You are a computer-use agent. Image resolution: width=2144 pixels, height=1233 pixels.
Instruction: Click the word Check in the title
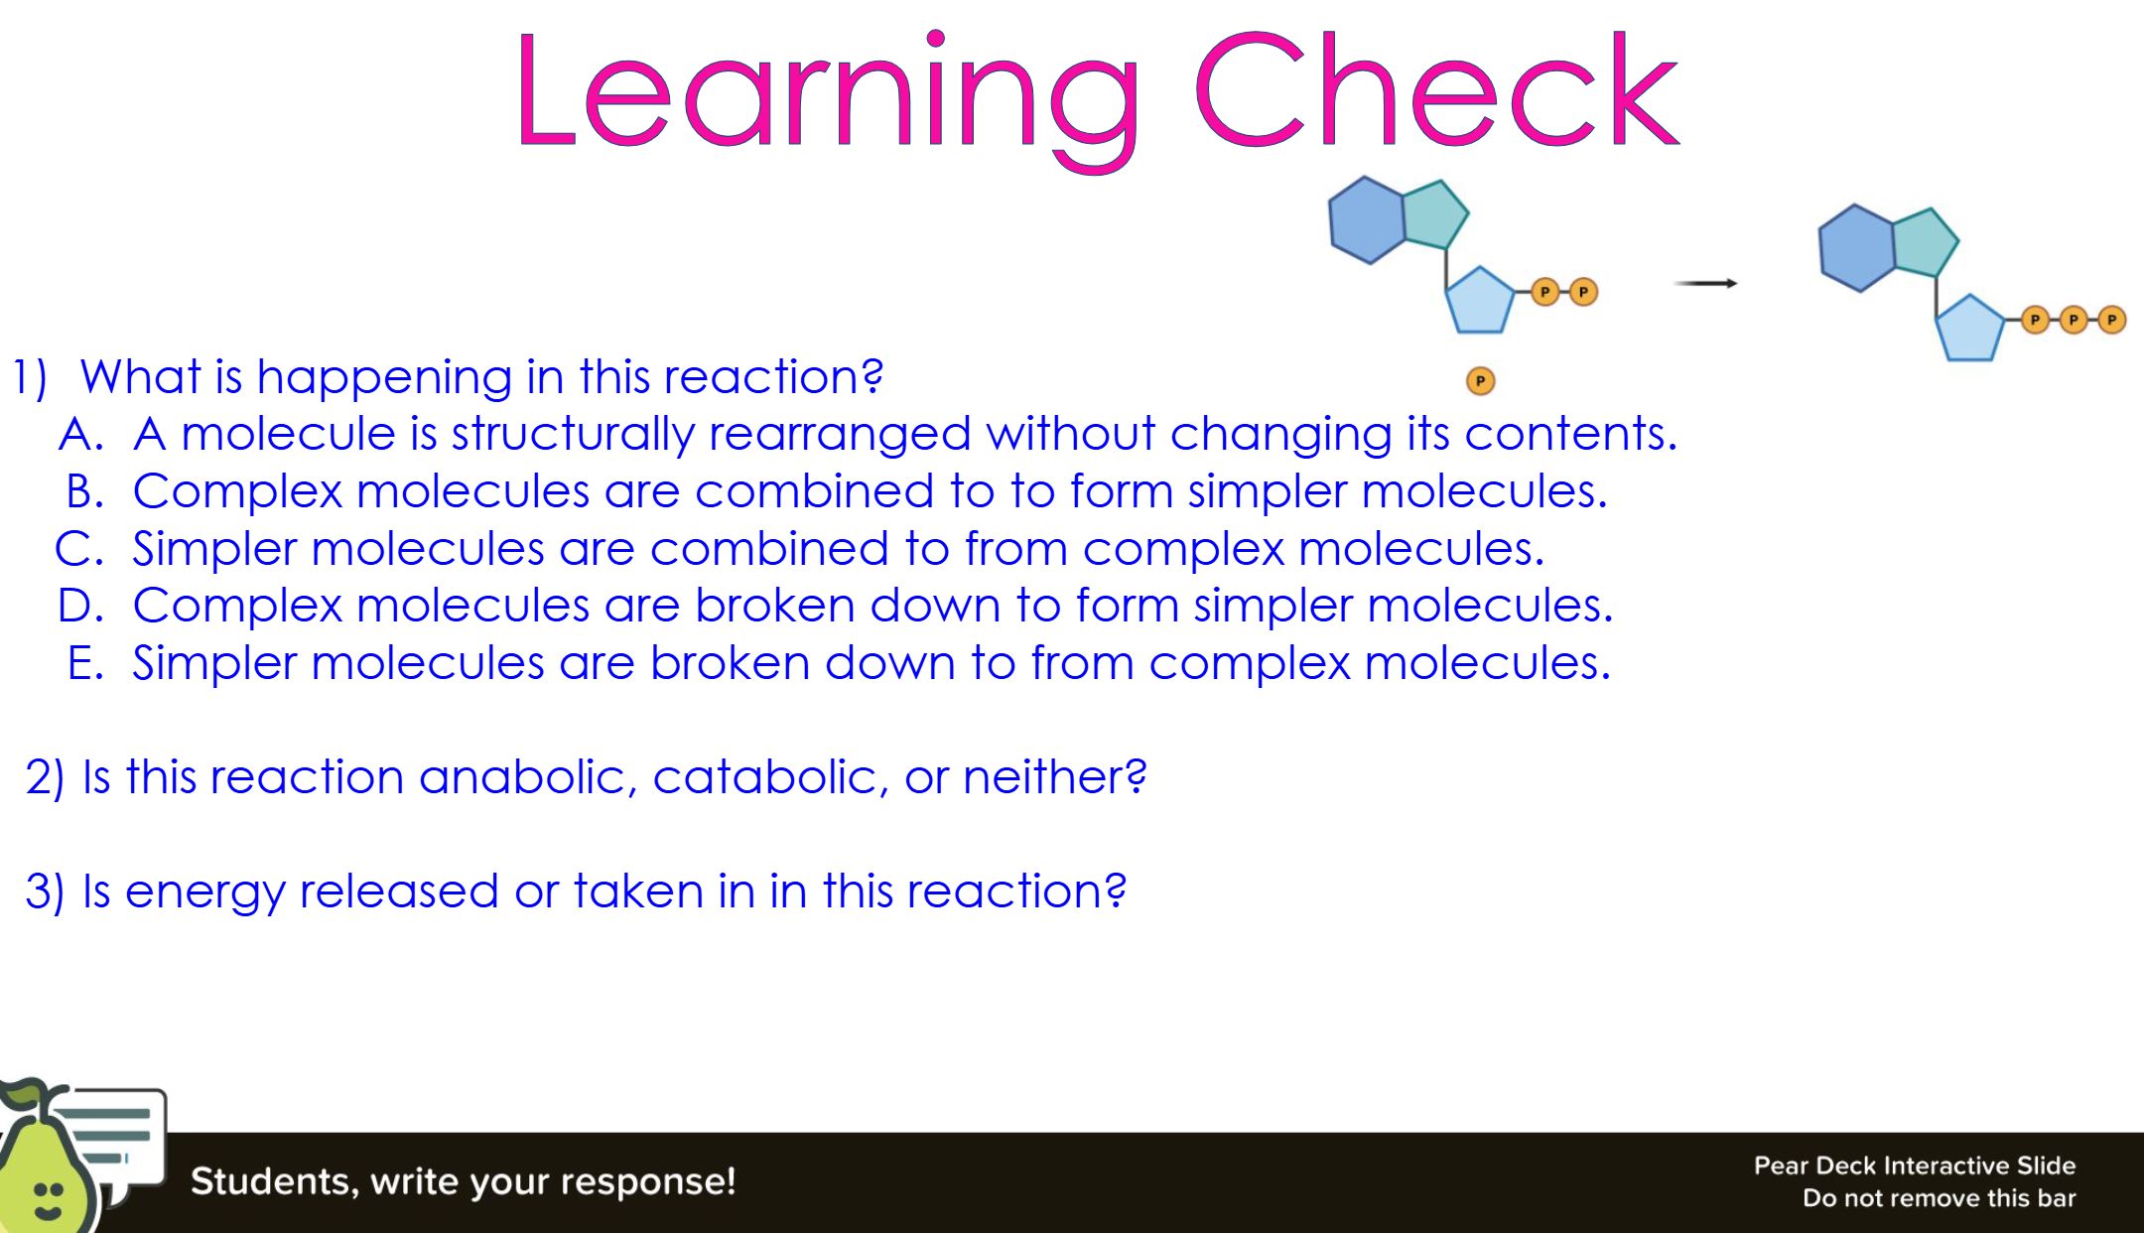click(x=1436, y=89)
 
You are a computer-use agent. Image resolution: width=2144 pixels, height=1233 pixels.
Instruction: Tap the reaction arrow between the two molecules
click(x=1705, y=283)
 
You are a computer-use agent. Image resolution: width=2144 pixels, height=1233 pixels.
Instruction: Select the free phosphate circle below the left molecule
click(x=1480, y=381)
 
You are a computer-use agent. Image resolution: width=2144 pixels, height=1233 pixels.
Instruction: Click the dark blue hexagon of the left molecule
click(x=1368, y=220)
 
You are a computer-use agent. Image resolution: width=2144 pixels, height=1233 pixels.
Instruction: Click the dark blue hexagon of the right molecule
click(x=1857, y=248)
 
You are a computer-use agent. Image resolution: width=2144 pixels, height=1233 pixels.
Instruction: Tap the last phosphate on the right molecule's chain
click(x=2111, y=320)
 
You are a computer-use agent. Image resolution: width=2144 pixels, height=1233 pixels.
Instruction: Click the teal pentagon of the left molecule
click(x=1435, y=214)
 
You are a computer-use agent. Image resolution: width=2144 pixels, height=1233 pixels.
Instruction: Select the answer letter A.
click(x=81, y=435)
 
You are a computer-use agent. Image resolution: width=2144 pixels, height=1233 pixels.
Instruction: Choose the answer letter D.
click(x=80, y=606)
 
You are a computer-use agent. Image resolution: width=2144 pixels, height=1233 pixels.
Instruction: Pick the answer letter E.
click(x=85, y=663)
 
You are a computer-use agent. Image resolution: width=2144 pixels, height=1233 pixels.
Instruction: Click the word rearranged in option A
click(x=840, y=435)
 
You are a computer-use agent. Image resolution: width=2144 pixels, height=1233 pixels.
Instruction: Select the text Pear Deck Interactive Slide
click(x=1915, y=1165)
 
